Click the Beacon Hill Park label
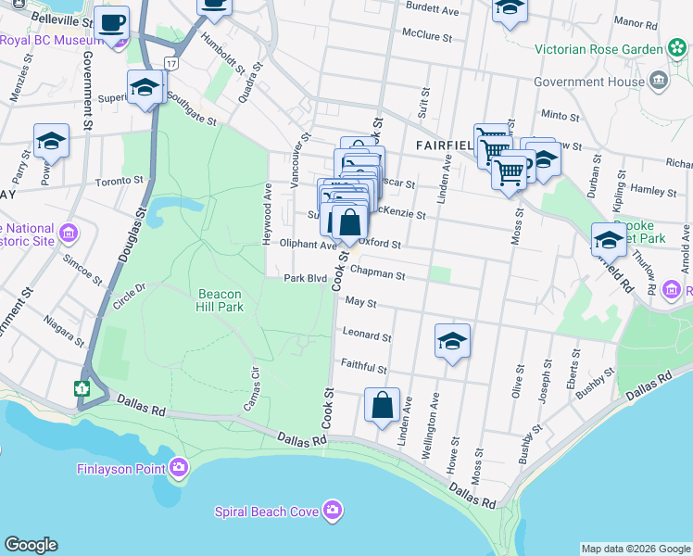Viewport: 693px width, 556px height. click(219, 301)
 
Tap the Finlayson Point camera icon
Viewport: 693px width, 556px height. click(177, 468)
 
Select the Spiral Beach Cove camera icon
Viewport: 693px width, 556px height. click(333, 511)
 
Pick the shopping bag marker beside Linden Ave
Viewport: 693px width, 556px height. click(382, 406)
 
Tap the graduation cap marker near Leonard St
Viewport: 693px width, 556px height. click(452, 342)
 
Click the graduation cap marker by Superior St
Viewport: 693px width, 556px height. click(145, 88)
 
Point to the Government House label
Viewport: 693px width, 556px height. click(603, 81)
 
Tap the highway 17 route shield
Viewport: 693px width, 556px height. click(170, 62)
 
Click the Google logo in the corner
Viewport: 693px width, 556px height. click(31, 545)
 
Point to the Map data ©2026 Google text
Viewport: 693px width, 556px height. click(636, 549)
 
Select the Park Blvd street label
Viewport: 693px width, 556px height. click(306, 277)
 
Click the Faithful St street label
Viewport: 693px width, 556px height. click(363, 368)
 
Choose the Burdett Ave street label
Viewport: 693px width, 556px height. click(433, 11)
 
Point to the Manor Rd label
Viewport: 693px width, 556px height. click(661, 20)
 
